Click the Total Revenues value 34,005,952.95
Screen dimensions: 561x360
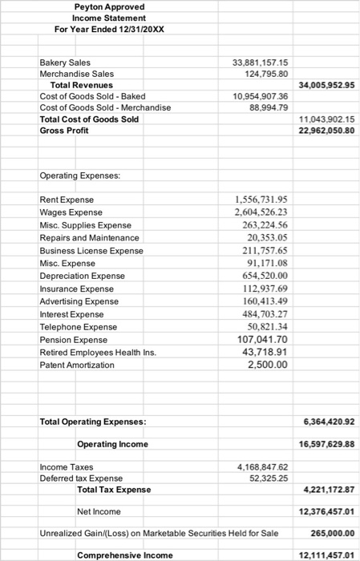(x=326, y=84)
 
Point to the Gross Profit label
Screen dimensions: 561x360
(x=64, y=130)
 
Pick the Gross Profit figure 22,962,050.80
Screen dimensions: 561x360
(x=326, y=130)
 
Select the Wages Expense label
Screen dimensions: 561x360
(x=71, y=212)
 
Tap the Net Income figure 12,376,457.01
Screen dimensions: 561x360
(x=326, y=511)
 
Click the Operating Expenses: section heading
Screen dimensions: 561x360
(x=78, y=175)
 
